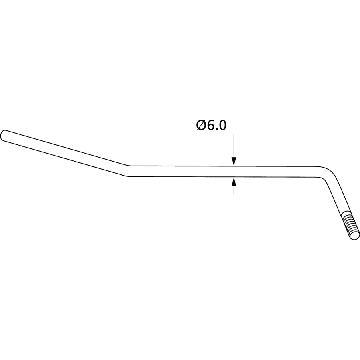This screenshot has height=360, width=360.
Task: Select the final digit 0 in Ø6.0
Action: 222,125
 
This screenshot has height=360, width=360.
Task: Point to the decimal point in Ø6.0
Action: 216,129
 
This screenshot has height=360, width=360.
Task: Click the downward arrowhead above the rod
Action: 234,161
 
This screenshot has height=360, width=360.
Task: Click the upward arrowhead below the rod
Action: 234,181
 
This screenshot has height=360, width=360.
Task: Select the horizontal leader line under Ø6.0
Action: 210,134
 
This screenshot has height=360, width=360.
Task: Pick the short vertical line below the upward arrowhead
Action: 234,190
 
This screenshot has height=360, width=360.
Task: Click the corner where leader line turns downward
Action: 234,134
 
